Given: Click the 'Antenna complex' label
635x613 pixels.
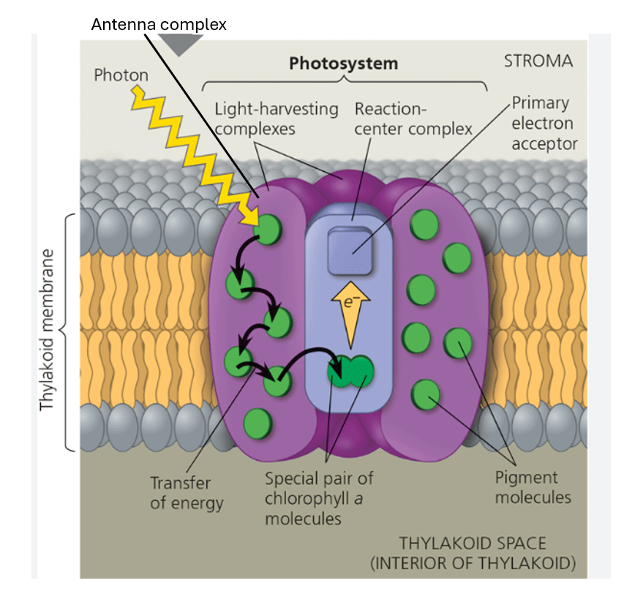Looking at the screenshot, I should point(159,24).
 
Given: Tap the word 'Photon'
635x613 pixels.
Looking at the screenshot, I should point(121,75).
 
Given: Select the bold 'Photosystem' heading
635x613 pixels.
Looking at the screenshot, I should point(343,63).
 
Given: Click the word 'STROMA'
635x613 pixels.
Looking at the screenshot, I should point(538,61).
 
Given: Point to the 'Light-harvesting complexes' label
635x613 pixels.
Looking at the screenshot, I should point(276,119).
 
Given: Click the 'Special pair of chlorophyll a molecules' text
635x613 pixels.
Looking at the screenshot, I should point(319,498).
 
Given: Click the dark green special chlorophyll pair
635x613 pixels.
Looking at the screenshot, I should point(350,371).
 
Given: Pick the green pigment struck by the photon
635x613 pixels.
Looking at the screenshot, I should point(268,228).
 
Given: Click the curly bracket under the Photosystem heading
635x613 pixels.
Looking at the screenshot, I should point(344,83).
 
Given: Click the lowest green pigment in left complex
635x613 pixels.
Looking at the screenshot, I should point(258,424).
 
